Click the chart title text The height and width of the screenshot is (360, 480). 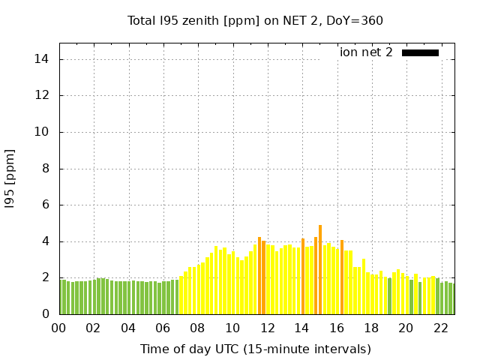click(x=255, y=20)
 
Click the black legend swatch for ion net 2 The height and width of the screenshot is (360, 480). click(x=420, y=52)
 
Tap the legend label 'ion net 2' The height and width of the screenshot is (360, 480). click(x=366, y=52)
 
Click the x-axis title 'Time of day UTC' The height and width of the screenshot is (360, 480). click(x=255, y=349)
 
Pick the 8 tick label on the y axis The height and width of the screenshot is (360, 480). click(x=46, y=169)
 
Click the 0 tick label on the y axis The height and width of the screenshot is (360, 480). click(x=46, y=314)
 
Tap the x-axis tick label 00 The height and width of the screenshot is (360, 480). click(x=58, y=328)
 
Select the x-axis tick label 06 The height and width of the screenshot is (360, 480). click(x=163, y=328)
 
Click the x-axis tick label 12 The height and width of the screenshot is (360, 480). click(x=267, y=328)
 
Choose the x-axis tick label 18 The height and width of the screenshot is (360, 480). click(x=371, y=328)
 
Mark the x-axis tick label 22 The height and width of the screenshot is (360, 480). click(x=440, y=328)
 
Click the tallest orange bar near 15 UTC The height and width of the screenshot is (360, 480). click(x=320, y=270)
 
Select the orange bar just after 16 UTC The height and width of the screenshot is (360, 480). click(x=342, y=277)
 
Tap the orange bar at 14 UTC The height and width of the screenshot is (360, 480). click(x=303, y=277)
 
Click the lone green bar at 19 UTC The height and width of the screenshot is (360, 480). click(x=390, y=296)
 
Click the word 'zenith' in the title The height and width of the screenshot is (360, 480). click(x=201, y=20)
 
